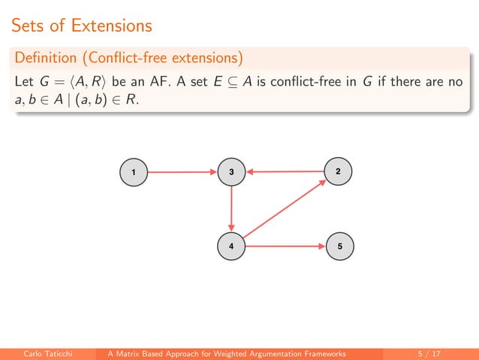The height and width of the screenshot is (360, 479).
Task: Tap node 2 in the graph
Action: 339,172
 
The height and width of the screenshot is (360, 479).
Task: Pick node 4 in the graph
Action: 231,247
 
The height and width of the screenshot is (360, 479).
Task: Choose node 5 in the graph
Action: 340,247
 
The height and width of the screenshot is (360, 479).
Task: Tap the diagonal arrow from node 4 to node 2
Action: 285,210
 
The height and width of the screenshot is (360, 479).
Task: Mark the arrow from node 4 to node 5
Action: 285,247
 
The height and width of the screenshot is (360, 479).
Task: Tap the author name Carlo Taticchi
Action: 50,352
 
